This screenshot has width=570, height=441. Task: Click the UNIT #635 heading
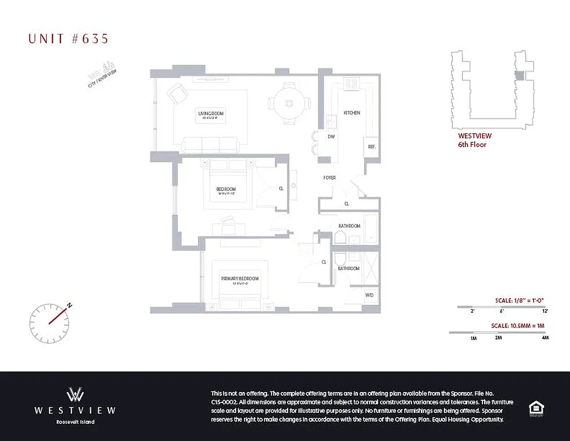pos(68,38)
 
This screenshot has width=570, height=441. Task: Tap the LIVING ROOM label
pos(211,114)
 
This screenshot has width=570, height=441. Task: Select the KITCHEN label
pos(352,112)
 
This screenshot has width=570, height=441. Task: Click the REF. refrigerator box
pos(372,147)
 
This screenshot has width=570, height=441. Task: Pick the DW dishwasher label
pos(332,136)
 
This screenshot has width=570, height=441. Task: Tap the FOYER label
pos(329,178)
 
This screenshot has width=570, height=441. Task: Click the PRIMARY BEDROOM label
pos(240,279)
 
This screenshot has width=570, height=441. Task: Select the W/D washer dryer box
pos(370,295)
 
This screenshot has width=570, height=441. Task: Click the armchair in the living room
pos(178,94)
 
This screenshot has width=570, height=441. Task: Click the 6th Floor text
pos(472,145)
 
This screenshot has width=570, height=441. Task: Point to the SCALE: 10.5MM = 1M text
pos(517,326)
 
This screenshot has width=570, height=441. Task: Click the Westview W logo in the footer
pos(75,395)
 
